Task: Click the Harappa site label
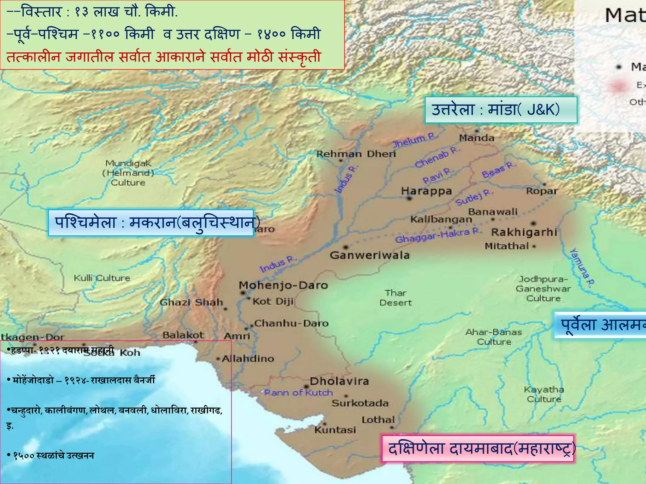(426, 191)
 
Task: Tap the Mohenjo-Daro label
(283, 285)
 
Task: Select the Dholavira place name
(339, 381)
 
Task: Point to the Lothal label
(378, 420)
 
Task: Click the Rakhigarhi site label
(524, 232)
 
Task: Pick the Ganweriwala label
(370, 255)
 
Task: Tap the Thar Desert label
(396, 298)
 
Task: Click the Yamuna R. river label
(582, 268)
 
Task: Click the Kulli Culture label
(102, 278)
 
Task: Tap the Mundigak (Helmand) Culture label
(128, 173)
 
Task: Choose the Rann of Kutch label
(298, 393)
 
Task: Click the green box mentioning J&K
(501, 110)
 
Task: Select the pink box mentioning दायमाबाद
(478, 449)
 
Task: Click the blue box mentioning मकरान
(151, 222)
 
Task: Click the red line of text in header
(163, 57)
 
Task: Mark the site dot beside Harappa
(409, 198)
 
